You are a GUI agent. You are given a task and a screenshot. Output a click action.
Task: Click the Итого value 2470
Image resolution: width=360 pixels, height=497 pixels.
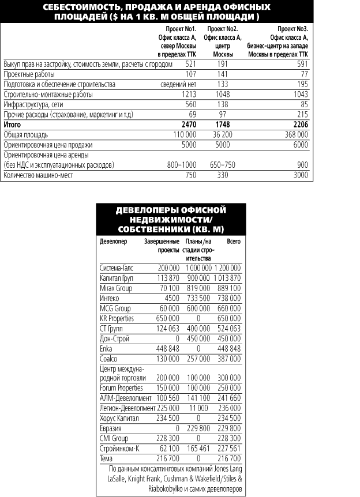pyautogui.click(x=189, y=124)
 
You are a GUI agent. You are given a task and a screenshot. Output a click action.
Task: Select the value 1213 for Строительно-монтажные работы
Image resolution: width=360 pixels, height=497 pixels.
pyautogui.click(x=188, y=94)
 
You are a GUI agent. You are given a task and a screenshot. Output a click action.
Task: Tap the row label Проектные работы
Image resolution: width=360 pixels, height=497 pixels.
pyautogui.click(x=29, y=74)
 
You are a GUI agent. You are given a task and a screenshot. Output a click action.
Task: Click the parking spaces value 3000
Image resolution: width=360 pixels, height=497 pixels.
pyautogui.click(x=299, y=175)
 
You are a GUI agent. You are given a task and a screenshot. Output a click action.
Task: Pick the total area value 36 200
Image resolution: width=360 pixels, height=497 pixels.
pyautogui.click(x=227, y=134)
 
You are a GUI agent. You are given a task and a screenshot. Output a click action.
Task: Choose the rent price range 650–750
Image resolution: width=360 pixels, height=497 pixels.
pyautogui.click(x=225, y=165)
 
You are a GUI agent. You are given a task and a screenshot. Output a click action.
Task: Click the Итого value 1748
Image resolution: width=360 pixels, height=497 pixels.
pyautogui.click(x=230, y=124)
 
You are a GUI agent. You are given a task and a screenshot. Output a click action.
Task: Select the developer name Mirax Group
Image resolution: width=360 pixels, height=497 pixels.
pyautogui.click(x=116, y=288)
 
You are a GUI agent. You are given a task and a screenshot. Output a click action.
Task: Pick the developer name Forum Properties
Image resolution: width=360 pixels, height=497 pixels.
pyautogui.click(x=121, y=388)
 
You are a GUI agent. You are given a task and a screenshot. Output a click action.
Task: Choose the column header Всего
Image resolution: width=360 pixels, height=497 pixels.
pyautogui.click(x=233, y=240)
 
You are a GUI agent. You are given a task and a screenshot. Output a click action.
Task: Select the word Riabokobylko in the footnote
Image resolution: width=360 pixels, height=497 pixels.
pyautogui.click(x=125, y=490)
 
